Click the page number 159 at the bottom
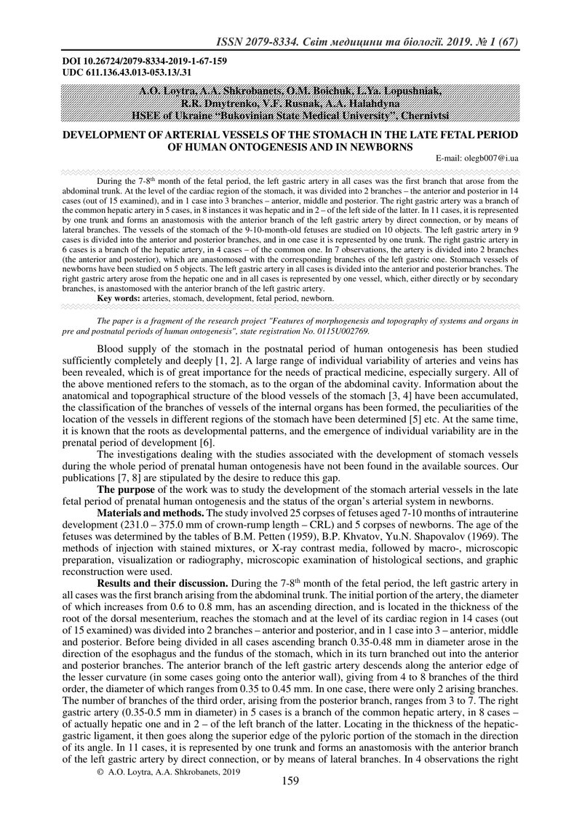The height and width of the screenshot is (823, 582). tap(290, 802)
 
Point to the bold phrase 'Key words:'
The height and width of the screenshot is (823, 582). tap(119, 299)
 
